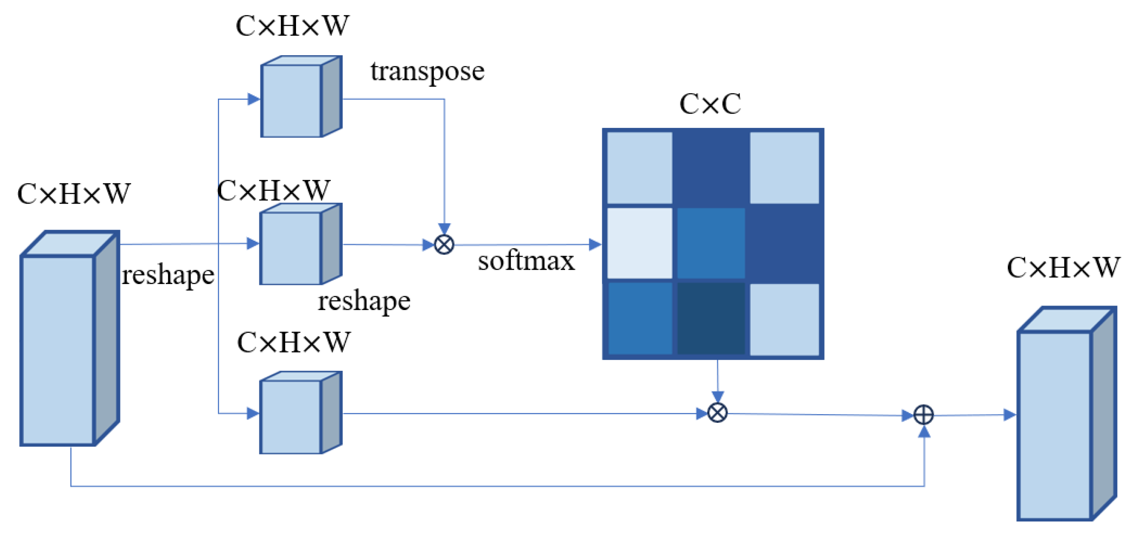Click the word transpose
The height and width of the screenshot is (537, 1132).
tap(427, 72)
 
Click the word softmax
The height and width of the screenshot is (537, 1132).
tap(526, 261)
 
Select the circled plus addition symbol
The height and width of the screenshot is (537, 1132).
tap(923, 415)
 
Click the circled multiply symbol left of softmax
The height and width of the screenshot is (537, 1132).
tap(444, 245)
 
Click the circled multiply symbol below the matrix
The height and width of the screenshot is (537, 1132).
tap(717, 413)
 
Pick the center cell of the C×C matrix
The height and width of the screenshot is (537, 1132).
tap(710, 243)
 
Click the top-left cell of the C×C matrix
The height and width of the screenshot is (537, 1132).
tap(639, 168)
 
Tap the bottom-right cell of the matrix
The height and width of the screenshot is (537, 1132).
tap(784, 319)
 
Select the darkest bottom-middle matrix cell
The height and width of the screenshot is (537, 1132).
tap(710, 319)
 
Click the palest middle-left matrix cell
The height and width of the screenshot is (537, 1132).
tap(639, 243)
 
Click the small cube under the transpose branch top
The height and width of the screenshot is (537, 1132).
tap(300, 97)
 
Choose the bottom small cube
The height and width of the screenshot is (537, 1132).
tap(300, 413)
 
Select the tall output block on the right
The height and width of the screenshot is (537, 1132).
tap(1066, 414)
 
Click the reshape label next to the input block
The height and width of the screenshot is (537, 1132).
tap(168, 275)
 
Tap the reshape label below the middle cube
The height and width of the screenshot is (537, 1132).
tap(364, 301)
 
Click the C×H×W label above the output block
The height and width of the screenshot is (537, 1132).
tap(1063, 268)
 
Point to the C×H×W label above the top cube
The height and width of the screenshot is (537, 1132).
tap(292, 26)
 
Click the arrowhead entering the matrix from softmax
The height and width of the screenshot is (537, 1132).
tap(594, 245)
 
